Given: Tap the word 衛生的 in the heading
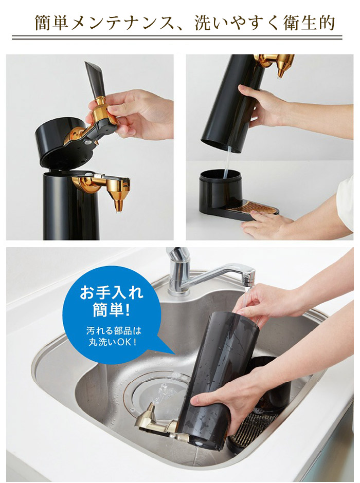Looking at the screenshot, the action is [308, 23].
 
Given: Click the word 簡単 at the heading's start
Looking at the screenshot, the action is [51, 23].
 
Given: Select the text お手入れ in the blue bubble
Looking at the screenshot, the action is [112, 293].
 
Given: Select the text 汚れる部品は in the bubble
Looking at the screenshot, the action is [114, 331].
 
